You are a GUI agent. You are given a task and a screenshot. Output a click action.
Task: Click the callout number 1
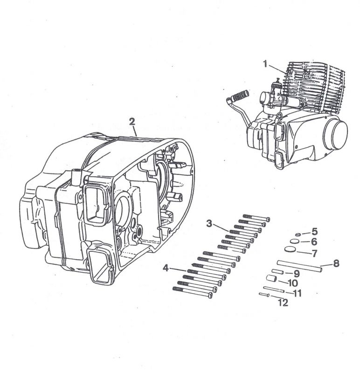pos(265,64)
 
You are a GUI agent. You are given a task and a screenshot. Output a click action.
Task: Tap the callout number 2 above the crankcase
pos(132,122)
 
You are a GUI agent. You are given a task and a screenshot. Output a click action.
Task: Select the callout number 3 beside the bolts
pos(209,223)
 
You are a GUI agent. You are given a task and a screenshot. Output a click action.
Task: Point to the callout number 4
pos(166,268)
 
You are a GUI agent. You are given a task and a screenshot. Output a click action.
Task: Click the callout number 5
pos(314,231)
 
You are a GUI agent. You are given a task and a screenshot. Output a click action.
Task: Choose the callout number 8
pos(336,263)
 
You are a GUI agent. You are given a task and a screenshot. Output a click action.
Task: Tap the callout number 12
pos(283,303)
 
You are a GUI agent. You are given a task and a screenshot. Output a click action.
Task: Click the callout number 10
pos(293,283)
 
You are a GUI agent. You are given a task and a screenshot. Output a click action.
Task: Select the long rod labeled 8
pos(299,266)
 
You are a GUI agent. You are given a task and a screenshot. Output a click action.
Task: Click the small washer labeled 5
pos(298,235)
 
